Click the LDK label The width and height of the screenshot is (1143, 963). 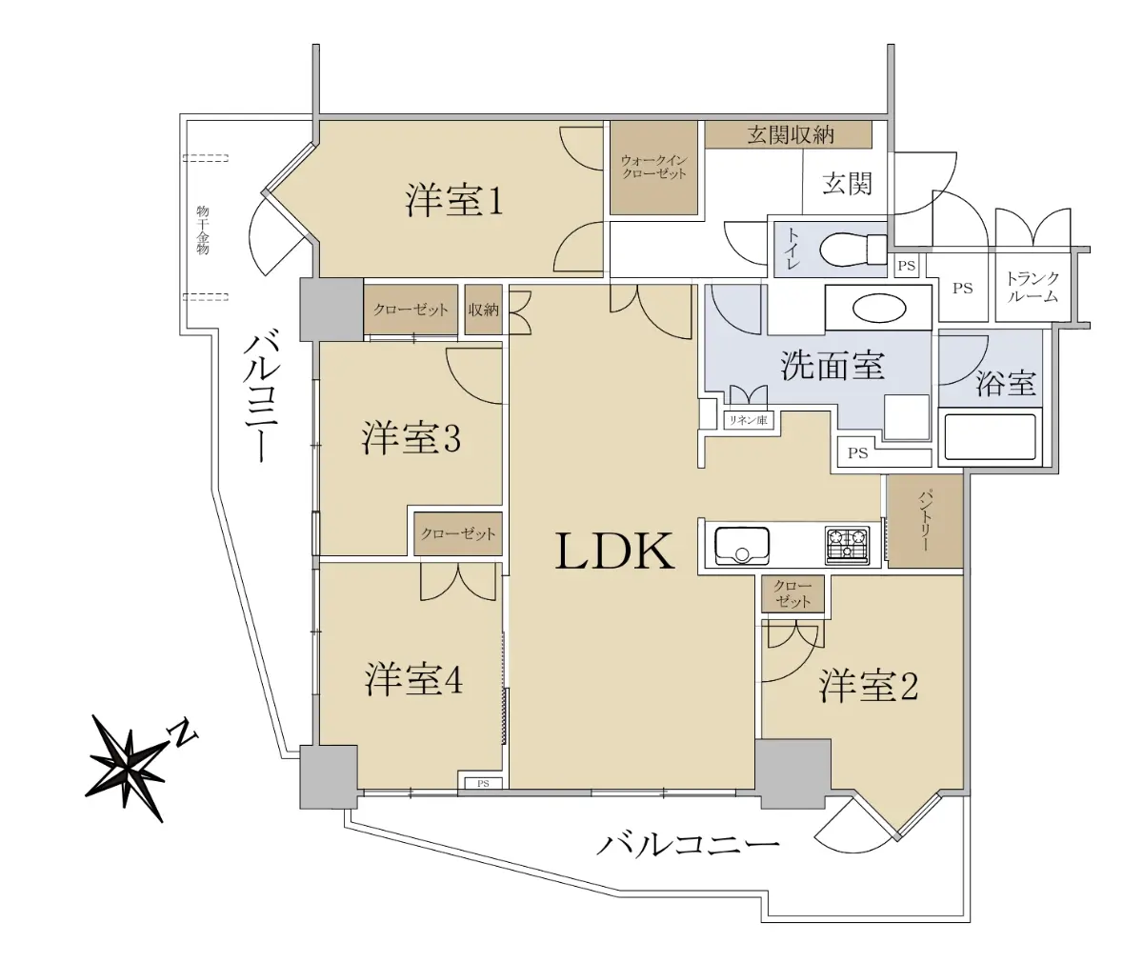614,552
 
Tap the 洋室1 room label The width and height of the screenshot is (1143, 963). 453,201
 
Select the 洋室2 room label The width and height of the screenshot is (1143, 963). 868,687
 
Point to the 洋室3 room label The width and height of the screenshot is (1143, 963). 411,438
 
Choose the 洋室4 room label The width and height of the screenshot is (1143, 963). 413,679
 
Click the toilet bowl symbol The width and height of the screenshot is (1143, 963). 852,250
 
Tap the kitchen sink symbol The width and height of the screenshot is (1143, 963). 742,546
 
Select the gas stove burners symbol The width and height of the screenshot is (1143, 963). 848,546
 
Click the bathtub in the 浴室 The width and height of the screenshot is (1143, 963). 990,437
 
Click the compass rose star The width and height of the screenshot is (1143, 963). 128,767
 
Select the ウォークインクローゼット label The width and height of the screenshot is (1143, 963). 653,168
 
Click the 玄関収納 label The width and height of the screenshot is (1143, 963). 791,134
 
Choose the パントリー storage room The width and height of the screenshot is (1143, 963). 925,521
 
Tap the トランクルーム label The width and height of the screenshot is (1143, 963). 1033,288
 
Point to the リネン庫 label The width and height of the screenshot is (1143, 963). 748,420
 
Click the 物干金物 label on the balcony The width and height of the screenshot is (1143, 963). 203,230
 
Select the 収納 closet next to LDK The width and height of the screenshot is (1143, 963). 484,310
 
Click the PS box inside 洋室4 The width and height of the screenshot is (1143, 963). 482,783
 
